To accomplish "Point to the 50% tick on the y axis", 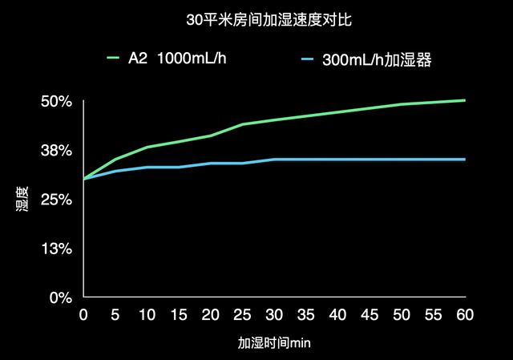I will click(57, 102).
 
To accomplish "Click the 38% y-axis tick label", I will click(57, 151).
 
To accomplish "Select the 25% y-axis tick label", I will click(57, 200).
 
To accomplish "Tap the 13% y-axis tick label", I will click(57, 249).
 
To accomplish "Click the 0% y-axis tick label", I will click(61, 297).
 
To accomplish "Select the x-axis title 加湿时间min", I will click(273, 342).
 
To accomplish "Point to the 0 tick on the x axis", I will click(83, 315).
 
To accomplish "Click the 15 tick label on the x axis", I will click(179, 315).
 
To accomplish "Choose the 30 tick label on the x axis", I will click(274, 315).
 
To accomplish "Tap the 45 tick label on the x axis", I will click(370, 315).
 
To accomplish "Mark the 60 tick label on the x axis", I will click(465, 315).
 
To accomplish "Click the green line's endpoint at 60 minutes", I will click(465, 100).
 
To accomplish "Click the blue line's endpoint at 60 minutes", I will click(465, 160).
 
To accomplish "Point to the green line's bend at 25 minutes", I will click(242, 124).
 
